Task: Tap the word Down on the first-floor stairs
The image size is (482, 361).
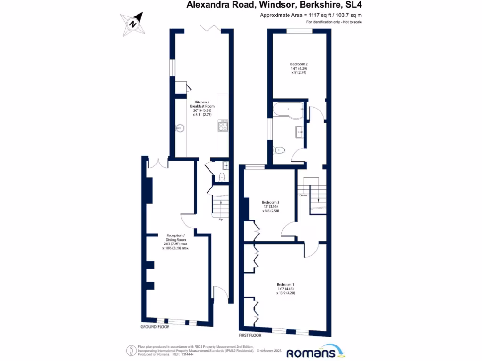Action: point(303,195)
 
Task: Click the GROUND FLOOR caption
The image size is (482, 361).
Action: point(155,326)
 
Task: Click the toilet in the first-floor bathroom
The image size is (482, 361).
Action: point(279,150)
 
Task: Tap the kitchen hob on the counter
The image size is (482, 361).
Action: point(222,126)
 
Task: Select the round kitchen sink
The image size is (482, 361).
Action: point(179,127)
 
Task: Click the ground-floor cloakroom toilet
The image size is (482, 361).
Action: point(221,177)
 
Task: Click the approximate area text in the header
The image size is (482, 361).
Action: point(311,16)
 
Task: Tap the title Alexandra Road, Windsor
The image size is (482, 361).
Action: point(274,5)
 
